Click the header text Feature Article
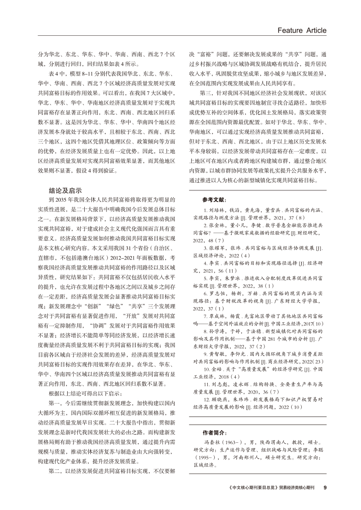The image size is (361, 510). pyautogui.click(x=299, y=30)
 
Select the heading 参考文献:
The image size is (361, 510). pyautogui.click(x=214, y=199)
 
